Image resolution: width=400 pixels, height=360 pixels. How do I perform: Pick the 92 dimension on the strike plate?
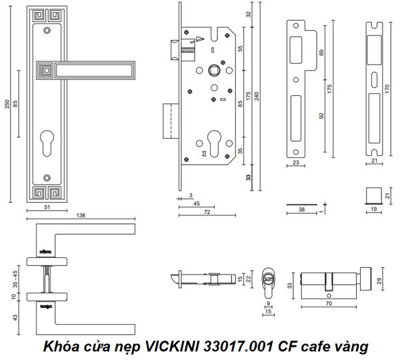(321, 115)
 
